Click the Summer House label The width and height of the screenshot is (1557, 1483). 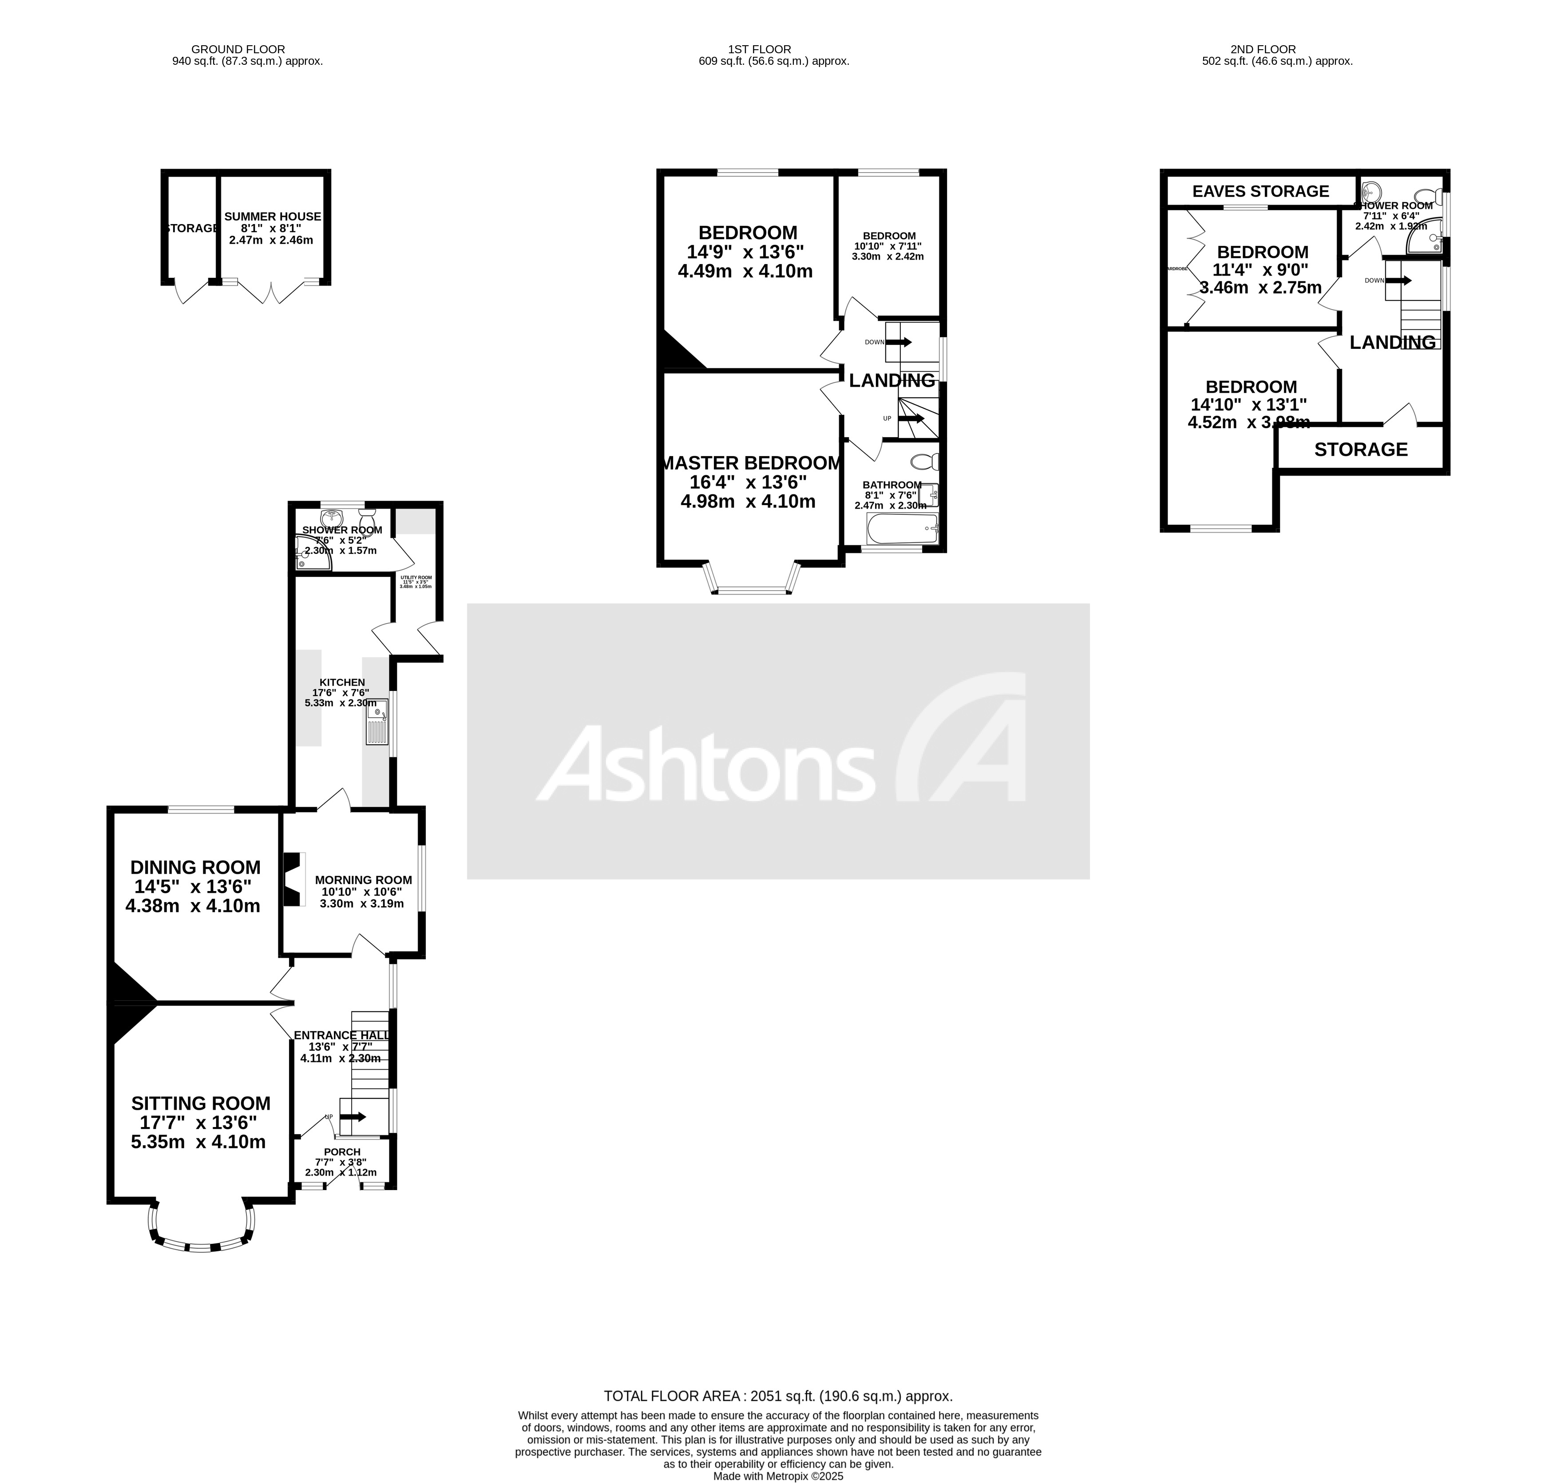(273, 216)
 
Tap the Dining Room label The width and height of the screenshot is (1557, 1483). (195, 867)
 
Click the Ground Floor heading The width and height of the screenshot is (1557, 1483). (238, 49)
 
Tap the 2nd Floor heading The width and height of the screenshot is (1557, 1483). (1274, 49)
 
